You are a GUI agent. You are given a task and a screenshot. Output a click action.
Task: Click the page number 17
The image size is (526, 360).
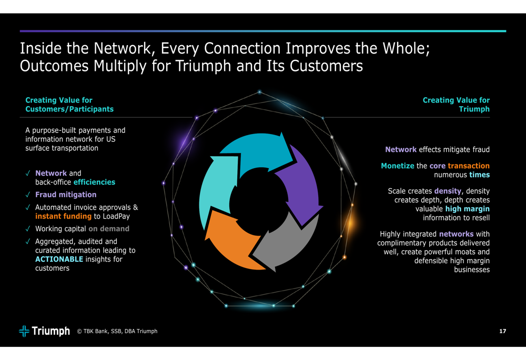502,331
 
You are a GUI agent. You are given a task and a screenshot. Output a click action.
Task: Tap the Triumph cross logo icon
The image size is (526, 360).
24,331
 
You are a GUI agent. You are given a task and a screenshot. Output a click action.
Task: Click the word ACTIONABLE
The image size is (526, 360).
59,259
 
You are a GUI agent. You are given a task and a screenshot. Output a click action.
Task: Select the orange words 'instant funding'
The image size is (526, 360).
64,216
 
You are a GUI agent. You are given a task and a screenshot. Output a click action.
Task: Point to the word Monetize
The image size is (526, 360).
398,166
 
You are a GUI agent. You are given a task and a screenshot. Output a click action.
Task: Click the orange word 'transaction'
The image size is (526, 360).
469,166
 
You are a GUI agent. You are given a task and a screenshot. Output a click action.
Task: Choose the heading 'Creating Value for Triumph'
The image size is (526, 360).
456,105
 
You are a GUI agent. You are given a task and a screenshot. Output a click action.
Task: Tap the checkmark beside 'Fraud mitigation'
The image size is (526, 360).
28,195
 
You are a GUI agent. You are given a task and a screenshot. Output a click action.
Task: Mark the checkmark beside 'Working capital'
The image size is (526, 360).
28,229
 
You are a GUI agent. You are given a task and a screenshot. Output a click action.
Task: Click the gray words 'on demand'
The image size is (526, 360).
109,229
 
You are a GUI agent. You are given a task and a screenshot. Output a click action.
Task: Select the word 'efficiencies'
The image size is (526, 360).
94,182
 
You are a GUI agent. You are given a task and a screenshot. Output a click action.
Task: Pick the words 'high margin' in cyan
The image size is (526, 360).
467,209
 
